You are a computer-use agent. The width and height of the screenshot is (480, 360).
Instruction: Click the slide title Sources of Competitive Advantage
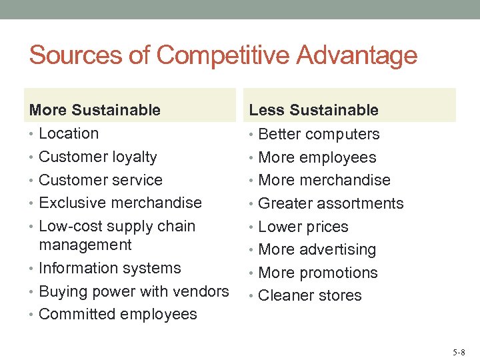[223, 55]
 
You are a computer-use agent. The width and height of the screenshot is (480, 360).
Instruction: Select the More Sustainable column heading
[95, 110]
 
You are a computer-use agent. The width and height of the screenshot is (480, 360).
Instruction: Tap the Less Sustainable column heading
[313, 110]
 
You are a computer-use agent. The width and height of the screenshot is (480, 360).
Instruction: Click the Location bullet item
[69, 133]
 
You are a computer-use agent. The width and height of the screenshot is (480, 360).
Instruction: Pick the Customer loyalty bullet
[98, 157]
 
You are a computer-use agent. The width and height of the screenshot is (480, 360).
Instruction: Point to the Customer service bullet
[101, 180]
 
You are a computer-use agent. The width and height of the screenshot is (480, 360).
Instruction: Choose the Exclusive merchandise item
[120, 203]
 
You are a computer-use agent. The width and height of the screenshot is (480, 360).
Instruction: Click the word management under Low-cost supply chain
[85, 245]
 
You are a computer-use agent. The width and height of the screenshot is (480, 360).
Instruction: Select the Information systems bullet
[110, 268]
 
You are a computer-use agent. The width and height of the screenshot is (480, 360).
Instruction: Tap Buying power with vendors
[133, 291]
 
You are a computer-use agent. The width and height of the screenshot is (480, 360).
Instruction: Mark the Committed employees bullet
[118, 314]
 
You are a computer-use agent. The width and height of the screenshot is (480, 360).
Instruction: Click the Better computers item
[319, 134]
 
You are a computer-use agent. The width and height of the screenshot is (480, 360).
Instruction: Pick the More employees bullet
[317, 157]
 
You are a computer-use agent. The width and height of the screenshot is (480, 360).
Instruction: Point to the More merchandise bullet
[324, 180]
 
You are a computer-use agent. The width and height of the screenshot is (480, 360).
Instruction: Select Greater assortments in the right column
[331, 203]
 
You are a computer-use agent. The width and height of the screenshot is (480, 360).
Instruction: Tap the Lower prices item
[303, 227]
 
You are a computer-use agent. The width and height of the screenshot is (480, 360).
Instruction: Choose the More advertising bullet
[317, 250]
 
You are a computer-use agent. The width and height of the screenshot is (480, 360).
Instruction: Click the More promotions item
[317, 273]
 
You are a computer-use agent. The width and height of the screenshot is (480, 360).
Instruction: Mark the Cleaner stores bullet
[309, 295]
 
